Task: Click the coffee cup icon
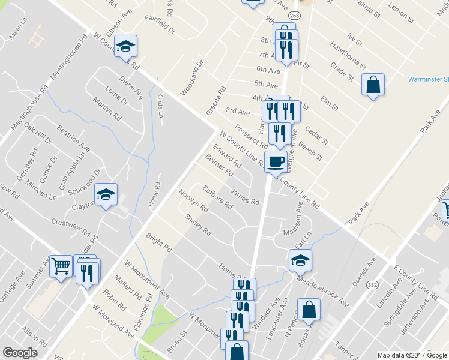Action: pyautogui.click(x=276, y=161)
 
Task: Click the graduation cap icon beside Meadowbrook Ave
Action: pyautogui.click(x=300, y=260)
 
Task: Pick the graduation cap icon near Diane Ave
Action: pyautogui.click(x=126, y=46)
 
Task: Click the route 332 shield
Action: pyautogui.click(x=373, y=285)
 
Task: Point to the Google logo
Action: pyautogui.click(x=20, y=353)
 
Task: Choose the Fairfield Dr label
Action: pyautogui.click(x=160, y=25)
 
